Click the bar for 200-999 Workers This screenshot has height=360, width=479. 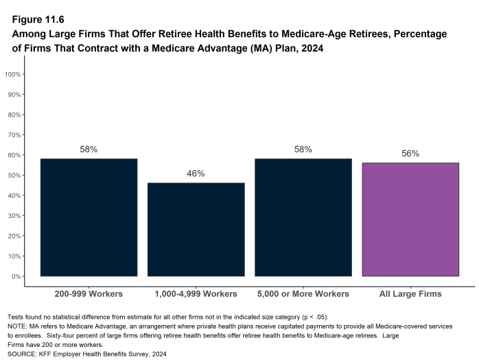[89, 217]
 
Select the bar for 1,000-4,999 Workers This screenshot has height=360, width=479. [196, 230]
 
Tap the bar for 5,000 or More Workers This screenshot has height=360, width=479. [303, 217]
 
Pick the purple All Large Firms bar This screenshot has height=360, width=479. [410, 219]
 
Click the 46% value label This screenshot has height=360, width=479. [196, 174]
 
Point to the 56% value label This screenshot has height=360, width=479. [410, 154]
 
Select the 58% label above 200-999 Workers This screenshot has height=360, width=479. [89, 149]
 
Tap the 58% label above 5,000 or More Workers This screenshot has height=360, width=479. [303, 149]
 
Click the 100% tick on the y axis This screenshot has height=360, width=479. [13, 74]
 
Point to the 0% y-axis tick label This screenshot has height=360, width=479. [16, 276]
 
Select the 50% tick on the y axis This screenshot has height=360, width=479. [14, 175]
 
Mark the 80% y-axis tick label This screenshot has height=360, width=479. [14, 115]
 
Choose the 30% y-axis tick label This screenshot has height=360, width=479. [14, 215]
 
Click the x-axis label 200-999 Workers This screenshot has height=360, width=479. [89, 294]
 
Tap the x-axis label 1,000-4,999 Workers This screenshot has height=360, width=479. [196, 294]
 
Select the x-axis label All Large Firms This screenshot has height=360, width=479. [410, 294]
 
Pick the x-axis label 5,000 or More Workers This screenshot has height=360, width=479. [303, 294]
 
